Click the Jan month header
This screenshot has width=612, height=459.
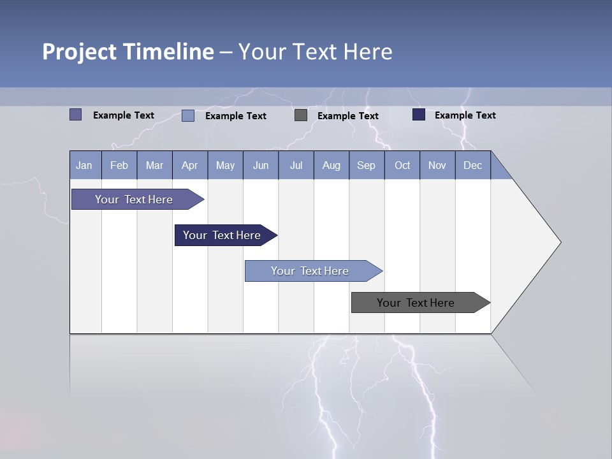pyautogui.click(x=85, y=165)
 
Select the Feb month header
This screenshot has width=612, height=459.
pyautogui.click(x=119, y=165)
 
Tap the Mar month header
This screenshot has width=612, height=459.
pyautogui.click(x=154, y=165)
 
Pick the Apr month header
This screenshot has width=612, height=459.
pyautogui.click(x=190, y=165)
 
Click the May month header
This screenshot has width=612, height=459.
pyautogui.click(x=225, y=165)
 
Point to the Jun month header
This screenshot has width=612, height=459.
pyautogui.click(x=261, y=165)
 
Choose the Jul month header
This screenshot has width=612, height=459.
pyautogui.click(x=296, y=165)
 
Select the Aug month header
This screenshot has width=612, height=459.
pyautogui.click(x=331, y=165)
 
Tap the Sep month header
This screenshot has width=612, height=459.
pyautogui.click(x=367, y=165)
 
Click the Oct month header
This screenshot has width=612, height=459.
pyautogui.click(x=402, y=165)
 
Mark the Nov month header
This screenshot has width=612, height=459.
pyautogui.click(x=437, y=165)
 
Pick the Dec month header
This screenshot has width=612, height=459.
pyautogui.click(x=473, y=165)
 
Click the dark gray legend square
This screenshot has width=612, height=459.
pyautogui.click(x=301, y=115)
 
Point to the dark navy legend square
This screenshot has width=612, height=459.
pyautogui.click(x=419, y=115)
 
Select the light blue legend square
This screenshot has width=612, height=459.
pyautogui.click(x=188, y=115)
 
